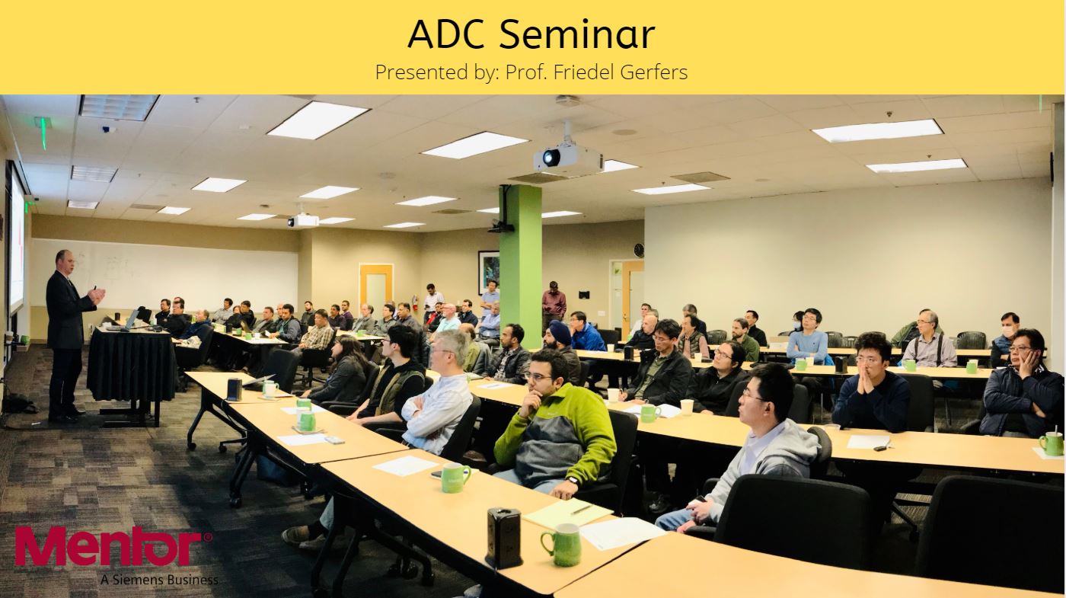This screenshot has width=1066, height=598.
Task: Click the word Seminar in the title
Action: click(x=577, y=34)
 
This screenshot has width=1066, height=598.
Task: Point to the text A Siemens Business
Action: click(x=159, y=580)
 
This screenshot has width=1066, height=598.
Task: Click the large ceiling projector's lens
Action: click(x=551, y=156)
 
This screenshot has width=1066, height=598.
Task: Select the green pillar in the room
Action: click(x=521, y=260)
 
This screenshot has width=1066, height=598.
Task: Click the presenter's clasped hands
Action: click(x=97, y=296)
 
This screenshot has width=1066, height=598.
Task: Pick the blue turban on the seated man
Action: click(x=559, y=328)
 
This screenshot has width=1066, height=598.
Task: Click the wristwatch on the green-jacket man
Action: click(x=573, y=481)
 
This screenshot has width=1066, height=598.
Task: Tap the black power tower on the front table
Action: click(x=503, y=538)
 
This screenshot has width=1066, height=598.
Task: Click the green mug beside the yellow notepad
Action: click(x=563, y=545)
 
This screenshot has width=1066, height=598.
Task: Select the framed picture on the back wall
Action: click(x=489, y=273)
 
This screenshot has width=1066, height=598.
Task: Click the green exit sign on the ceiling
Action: click(x=43, y=131)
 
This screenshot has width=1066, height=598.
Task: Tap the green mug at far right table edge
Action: click(x=1051, y=443)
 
